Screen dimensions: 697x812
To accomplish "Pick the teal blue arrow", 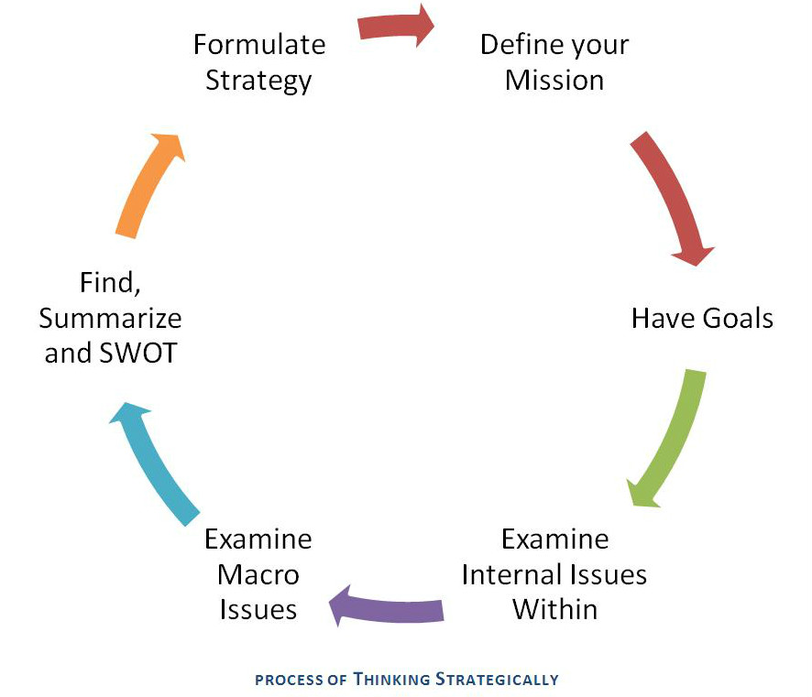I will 151,463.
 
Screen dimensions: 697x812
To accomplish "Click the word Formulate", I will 259,44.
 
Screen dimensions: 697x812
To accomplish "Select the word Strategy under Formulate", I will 258,80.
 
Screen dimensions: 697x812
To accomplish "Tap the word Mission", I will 554,80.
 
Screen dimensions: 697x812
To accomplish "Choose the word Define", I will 519,44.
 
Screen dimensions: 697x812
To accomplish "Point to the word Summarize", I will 110,318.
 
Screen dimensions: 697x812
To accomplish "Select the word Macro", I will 258,574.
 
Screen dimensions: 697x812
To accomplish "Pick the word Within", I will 554,609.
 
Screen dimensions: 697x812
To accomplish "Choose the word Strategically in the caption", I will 497,680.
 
